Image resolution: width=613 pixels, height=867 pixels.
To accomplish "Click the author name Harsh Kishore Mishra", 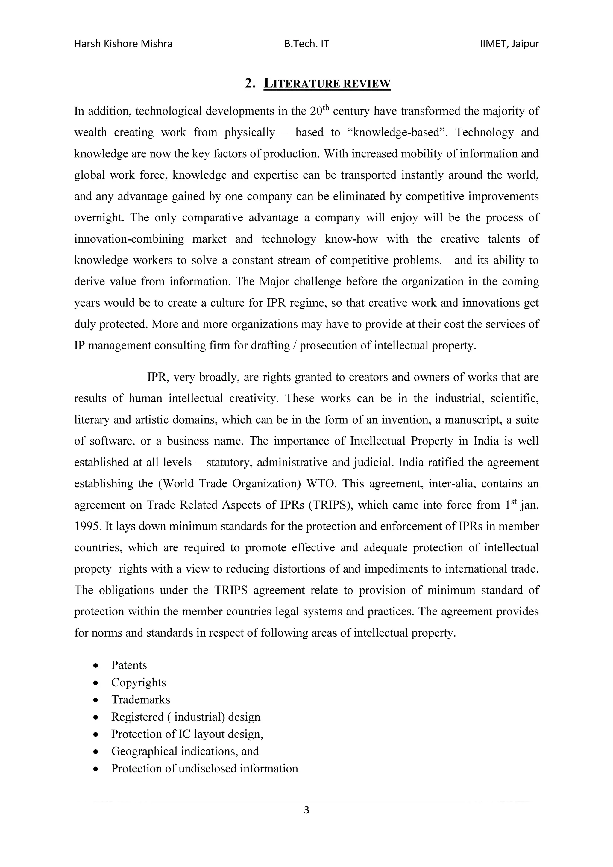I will coord(123,44).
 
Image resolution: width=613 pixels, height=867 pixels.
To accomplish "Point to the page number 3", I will coord(306,821).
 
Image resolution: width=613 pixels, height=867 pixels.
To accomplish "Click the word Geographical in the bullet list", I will coord(144,762).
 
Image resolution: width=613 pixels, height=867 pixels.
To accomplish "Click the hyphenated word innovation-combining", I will coord(129,239).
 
